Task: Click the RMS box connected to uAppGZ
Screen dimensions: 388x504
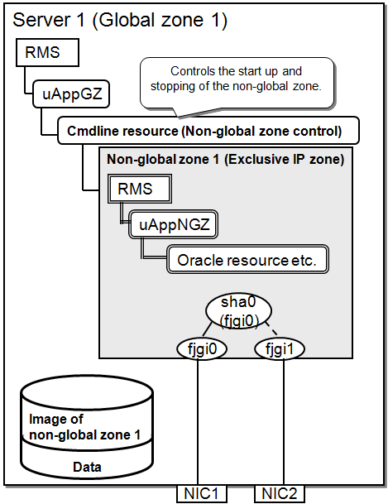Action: pos(47,52)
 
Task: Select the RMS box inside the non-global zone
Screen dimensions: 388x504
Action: pos(140,189)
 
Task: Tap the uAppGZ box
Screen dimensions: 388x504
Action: pos(71,94)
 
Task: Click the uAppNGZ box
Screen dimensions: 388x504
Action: pos(173,224)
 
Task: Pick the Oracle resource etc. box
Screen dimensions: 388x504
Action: pos(247,260)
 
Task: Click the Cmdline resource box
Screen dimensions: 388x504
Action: pos(208,131)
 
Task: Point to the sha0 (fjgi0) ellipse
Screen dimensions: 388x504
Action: pos(238,310)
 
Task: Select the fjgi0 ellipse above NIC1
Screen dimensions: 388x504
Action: pos(202,348)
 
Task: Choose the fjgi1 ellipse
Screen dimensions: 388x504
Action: pos(280,348)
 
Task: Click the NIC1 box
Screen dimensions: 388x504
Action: pos(202,494)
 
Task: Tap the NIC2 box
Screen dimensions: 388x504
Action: pos(280,494)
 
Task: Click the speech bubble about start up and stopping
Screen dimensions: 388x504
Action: pos(237,83)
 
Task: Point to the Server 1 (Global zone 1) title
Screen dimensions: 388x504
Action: pos(120,20)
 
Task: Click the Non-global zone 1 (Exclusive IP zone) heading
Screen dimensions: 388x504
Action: pos(225,159)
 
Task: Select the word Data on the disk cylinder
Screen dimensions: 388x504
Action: pos(87,467)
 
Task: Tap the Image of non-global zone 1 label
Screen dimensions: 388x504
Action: pos(84,427)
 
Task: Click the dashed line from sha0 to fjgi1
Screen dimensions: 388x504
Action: pos(271,329)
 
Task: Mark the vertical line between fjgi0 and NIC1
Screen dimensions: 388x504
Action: pos(197,422)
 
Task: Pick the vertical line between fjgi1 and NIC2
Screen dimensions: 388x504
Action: pos(284,422)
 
